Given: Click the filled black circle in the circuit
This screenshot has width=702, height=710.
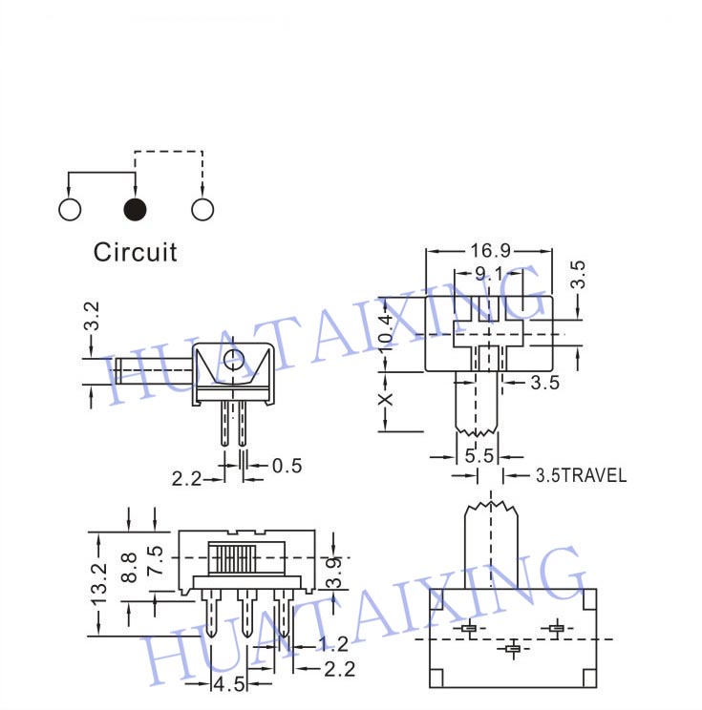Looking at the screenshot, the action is [135, 209].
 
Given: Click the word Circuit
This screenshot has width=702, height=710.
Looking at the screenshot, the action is [135, 252].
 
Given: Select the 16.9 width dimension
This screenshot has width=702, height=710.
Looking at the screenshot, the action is [490, 250].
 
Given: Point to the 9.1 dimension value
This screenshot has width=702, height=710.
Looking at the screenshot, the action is [489, 274].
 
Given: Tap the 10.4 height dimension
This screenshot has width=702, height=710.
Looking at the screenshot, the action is [385, 333].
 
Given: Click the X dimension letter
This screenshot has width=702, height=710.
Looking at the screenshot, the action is [386, 399].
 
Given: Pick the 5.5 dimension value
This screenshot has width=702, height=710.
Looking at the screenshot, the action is [479, 455].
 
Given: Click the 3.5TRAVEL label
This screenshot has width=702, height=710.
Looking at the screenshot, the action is [582, 475].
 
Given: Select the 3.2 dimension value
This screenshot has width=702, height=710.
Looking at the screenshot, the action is [92, 316].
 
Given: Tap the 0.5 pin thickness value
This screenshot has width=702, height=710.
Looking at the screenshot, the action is [287, 466].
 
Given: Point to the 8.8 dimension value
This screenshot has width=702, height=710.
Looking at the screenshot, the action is [130, 567].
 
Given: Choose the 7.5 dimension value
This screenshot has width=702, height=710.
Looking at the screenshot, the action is [156, 560].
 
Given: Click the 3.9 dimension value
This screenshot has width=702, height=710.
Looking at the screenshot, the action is [334, 572].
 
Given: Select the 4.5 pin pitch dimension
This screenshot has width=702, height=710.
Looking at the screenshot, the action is [229, 684].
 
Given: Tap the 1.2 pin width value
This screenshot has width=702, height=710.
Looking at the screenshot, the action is [333, 644].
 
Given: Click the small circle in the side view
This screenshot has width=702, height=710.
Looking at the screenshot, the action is [234, 361].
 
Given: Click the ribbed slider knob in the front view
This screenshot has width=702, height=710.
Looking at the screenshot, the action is [232, 558].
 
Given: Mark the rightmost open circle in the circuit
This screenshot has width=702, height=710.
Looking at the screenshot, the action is [202, 209].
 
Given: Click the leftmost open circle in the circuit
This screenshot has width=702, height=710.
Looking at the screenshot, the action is [70, 209].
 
